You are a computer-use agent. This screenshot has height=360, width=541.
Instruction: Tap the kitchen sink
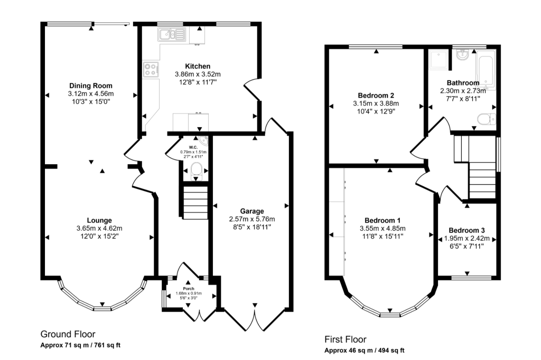[172, 35]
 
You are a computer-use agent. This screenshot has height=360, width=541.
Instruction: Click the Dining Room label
[90, 86]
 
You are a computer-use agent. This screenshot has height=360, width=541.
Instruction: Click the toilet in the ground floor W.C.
[197, 169]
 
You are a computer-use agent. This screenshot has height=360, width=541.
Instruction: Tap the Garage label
[251, 211]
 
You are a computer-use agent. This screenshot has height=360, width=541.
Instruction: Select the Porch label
[189, 289]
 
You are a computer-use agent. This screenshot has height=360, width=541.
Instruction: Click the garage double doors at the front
[255, 319]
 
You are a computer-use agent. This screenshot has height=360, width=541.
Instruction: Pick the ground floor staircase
[195, 204]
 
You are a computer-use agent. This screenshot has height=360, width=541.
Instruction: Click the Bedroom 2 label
[375, 96]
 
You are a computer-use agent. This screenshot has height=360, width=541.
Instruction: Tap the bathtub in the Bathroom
[484, 65]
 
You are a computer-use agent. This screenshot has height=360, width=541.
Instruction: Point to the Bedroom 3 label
[467, 231]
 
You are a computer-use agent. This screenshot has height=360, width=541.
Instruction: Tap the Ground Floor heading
[68, 334]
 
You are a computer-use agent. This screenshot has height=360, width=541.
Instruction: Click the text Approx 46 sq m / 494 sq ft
[365, 350]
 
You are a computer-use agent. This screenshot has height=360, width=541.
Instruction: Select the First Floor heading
[345, 339]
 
